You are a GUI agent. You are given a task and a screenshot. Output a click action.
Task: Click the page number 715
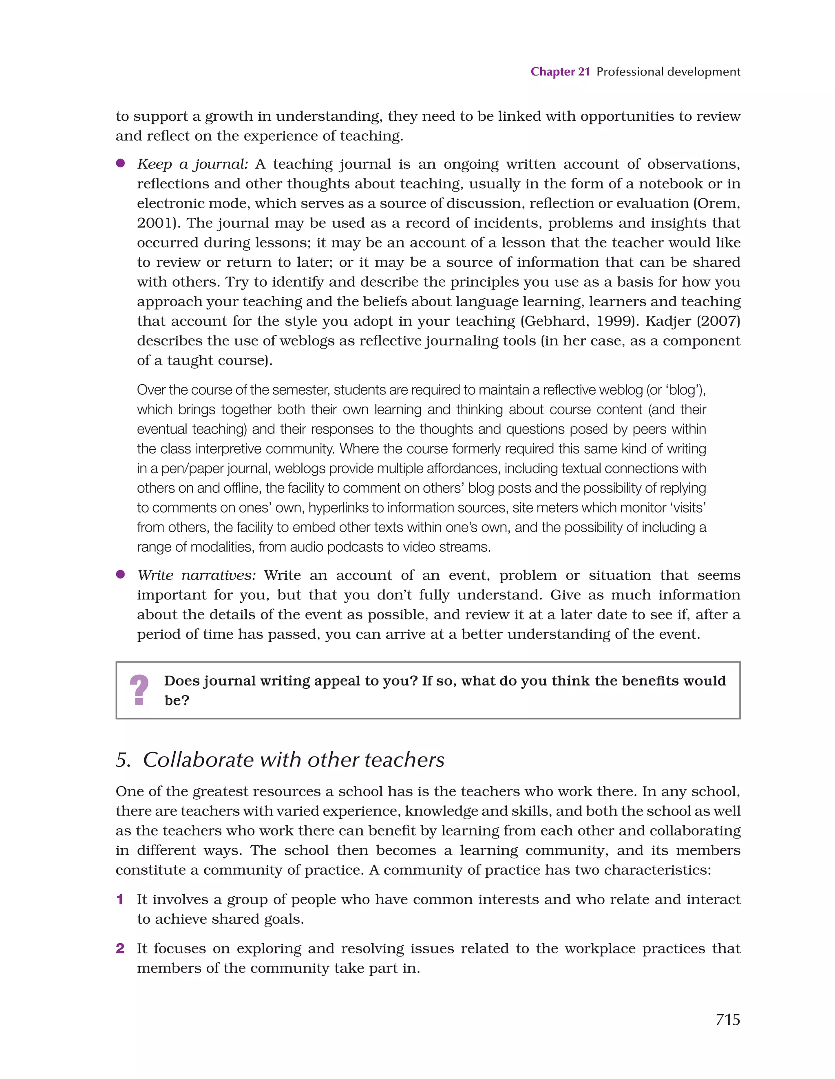click(x=727, y=1019)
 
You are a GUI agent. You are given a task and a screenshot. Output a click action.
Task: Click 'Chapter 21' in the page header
click(x=560, y=72)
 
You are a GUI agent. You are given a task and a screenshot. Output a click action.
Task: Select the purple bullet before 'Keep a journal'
click(x=120, y=164)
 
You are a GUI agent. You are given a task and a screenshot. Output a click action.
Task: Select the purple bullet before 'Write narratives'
click(x=120, y=574)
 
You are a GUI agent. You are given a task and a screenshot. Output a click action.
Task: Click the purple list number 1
click(x=119, y=899)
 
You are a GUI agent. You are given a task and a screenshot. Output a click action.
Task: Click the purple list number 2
click(x=119, y=948)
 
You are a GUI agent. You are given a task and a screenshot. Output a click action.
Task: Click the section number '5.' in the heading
click(x=123, y=760)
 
